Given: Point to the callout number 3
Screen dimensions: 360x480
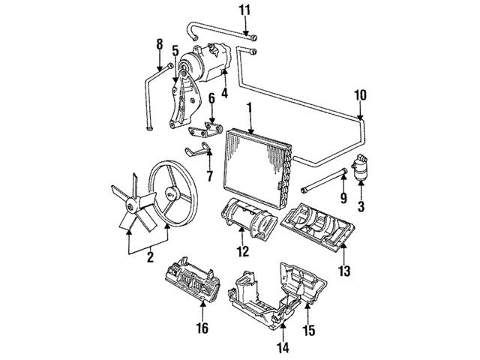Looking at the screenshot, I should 361,205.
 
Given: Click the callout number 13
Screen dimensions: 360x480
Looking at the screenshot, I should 344,268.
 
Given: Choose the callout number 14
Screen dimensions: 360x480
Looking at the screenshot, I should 282,347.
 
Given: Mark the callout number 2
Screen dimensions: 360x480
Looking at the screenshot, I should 149,258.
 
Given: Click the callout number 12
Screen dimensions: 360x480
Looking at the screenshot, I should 241,250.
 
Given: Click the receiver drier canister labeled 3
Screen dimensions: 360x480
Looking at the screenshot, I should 361,166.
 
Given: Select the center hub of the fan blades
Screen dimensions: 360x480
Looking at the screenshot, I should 133,202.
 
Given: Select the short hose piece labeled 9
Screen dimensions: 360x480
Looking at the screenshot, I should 323,181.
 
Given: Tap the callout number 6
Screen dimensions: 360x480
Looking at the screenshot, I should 211,97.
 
